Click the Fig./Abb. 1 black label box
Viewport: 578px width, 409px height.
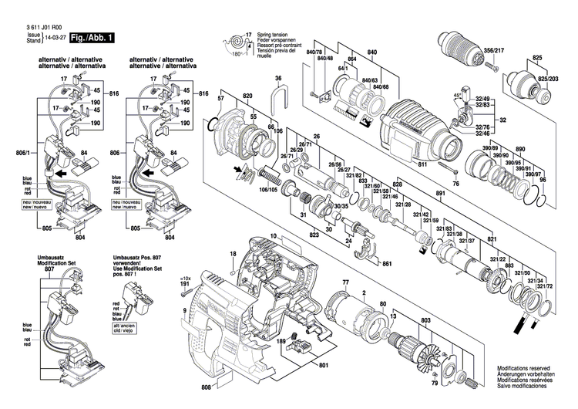tap(92, 37)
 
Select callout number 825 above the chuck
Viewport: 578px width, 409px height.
tap(537, 59)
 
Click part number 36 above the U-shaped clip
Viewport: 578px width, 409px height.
tap(278, 78)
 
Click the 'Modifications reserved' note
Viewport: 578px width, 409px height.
tap(528, 369)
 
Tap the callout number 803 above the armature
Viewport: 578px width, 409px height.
tap(425, 320)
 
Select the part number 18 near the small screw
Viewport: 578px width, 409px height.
tap(232, 254)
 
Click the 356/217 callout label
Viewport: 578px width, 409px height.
tap(494, 50)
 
